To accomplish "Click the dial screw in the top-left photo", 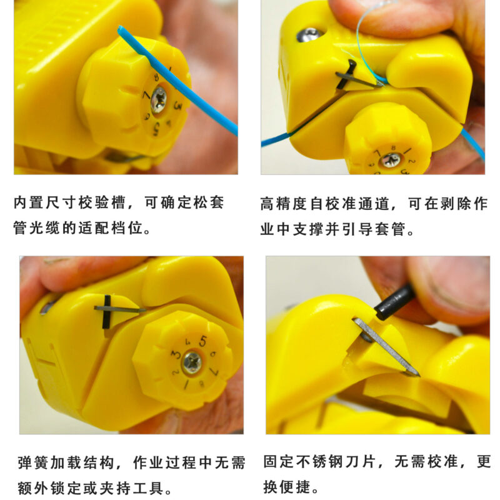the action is tap(159, 100).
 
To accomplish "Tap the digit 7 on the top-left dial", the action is tap(146, 95).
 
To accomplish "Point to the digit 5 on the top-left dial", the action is tap(156, 129).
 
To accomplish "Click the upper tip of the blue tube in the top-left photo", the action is tap(121, 29).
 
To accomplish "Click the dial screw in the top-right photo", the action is tap(391, 160).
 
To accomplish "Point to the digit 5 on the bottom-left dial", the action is tap(202, 341).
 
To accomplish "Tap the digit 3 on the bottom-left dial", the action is tap(176, 354).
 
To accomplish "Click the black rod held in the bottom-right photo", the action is tap(394, 302).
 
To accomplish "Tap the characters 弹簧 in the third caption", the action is tap(34, 463).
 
